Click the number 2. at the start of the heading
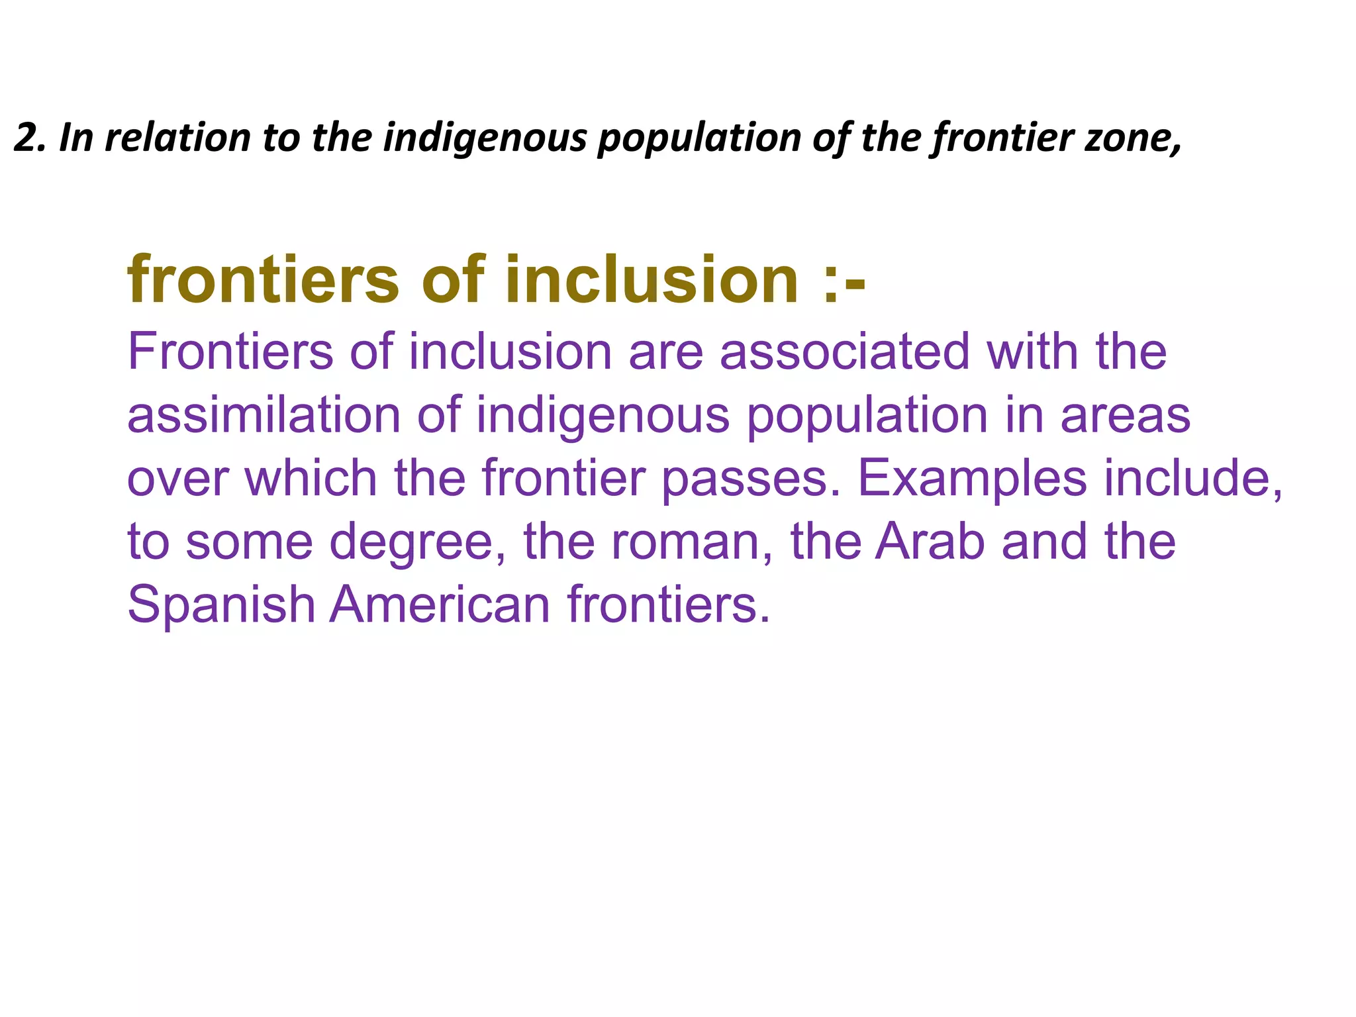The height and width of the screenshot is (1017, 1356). pos(29,138)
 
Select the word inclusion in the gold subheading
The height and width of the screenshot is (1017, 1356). pos(652,281)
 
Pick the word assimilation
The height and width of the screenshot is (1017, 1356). pos(264,415)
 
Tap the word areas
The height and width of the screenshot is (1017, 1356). pos(1126,415)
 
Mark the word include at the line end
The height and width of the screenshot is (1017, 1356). pos(1185,478)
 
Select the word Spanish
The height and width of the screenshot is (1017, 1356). pos(221,605)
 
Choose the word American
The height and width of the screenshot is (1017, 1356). pos(440,604)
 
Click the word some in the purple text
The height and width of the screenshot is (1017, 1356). pos(249,542)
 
